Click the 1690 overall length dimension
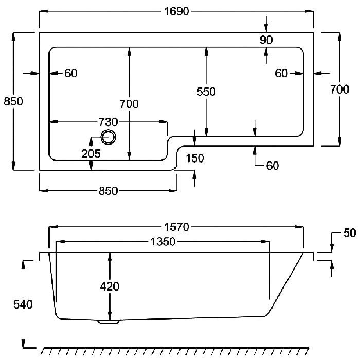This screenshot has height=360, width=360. point(176,11)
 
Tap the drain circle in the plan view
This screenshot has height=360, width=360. point(109,137)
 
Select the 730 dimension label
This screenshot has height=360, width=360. point(108,122)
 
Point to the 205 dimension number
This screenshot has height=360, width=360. point(91,153)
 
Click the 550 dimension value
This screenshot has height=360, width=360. point(206,92)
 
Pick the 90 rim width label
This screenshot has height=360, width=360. point(266,40)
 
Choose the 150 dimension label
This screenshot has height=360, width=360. point(195,158)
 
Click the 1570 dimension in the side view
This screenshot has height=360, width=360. point(176,227)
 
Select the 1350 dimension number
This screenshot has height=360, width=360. point(163,242)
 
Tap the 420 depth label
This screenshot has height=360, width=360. point(110,286)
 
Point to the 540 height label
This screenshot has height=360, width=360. point(23,304)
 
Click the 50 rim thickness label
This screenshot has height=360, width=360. point(349,233)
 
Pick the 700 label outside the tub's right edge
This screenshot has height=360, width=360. point(339,89)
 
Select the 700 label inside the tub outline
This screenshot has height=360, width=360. point(129,104)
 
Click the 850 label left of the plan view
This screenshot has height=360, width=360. point(13,101)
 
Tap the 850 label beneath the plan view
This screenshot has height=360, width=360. point(108,191)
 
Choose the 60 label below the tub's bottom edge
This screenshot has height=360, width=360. point(273,166)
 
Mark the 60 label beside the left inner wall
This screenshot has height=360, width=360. point(71,73)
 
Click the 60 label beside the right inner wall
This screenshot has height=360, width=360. point(281,73)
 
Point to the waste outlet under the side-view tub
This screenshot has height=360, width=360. point(109,322)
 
